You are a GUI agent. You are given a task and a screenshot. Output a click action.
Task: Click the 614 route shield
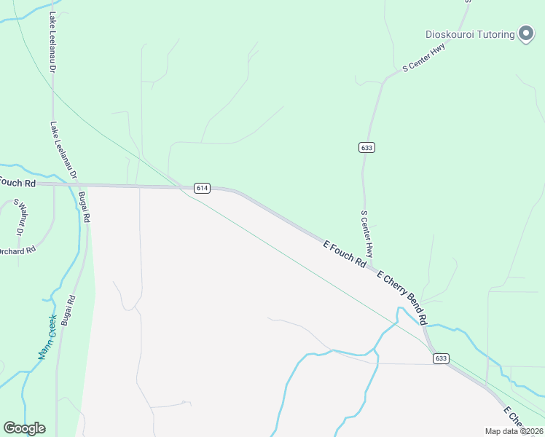pyautogui.click(x=202, y=188)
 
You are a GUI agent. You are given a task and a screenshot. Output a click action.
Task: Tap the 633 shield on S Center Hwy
pyautogui.click(x=366, y=147)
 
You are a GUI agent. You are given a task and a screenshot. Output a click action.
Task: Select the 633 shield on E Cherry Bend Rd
pyautogui.click(x=440, y=358)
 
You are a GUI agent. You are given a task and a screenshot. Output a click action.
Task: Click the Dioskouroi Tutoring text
pyautogui.click(x=470, y=34)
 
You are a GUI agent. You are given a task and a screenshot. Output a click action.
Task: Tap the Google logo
pyautogui.click(x=24, y=428)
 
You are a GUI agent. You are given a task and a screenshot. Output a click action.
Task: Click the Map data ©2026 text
pyautogui.click(x=513, y=431)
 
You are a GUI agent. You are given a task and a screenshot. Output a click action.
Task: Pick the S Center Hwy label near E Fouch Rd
pyautogui.click(x=367, y=233)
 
